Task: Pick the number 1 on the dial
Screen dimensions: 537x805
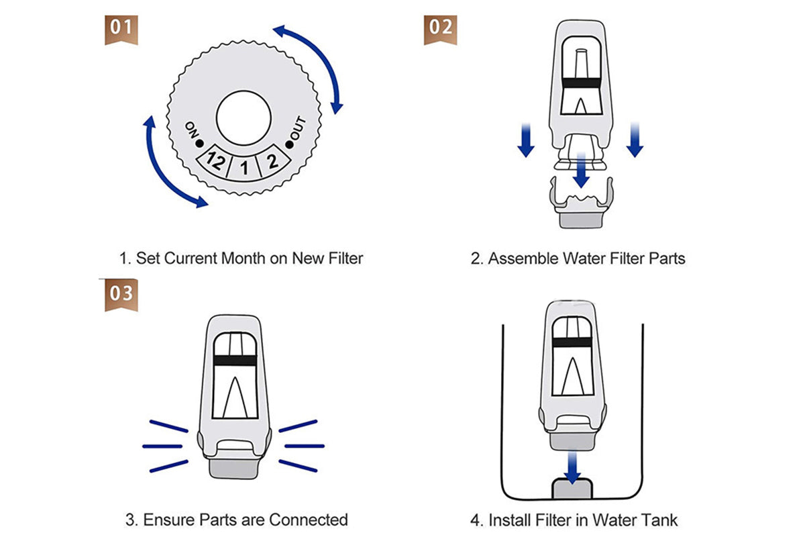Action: coord(244,168)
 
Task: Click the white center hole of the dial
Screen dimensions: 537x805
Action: coord(244,118)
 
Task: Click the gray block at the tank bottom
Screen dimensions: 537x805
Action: coord(572,488)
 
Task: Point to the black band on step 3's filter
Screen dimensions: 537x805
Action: coord(233,360)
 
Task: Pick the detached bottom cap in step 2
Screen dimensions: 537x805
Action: coord(580,201)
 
